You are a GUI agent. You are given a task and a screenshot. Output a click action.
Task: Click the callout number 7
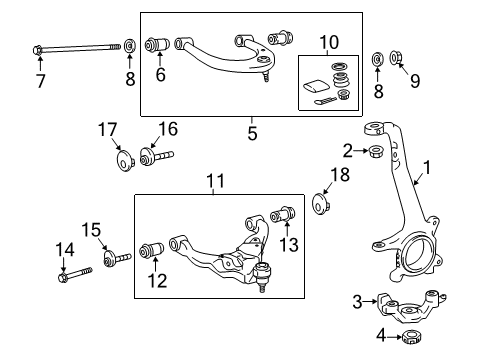41,81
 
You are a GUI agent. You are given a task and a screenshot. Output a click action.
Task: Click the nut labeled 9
397,59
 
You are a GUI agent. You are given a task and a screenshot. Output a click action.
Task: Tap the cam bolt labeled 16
158,157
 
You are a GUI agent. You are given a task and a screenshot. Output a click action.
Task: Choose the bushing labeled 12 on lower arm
155,248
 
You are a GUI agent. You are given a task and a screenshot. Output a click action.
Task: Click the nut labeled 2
375,152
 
